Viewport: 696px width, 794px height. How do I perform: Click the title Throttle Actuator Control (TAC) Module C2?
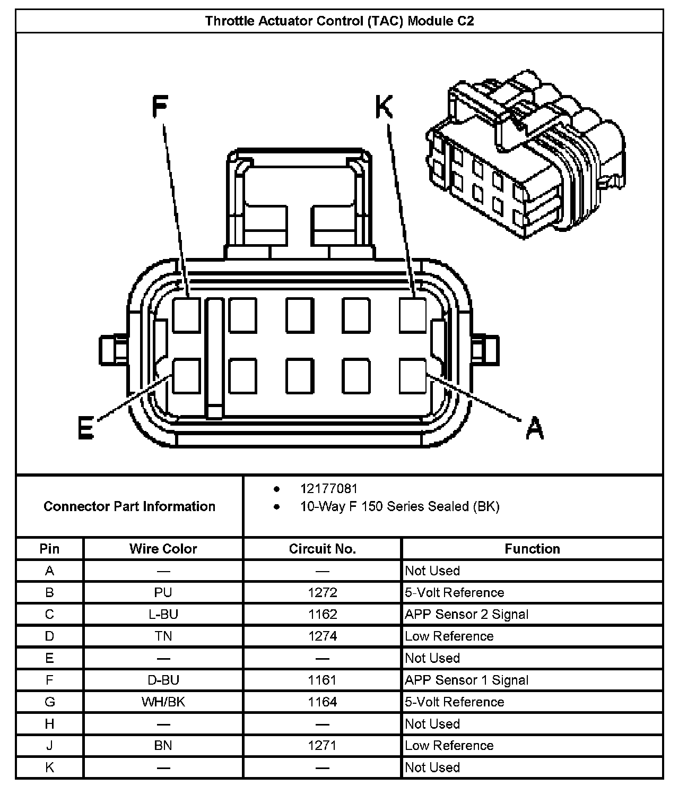pyautogui.click(x=340, y=21)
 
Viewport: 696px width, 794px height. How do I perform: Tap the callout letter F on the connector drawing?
pyautogui.click(x=160, y=106)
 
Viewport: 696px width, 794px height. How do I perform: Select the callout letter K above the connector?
pyautogui.click(x=384, y=107)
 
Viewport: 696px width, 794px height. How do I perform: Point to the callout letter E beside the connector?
pyautogui.click(x=85, y=428)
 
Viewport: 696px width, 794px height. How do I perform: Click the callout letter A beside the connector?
pyautogui.click(x=535, y=428)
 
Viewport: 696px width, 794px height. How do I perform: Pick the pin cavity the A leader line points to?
pyautogui.click(x=413, y=376)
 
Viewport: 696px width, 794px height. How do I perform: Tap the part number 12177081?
pyautogui.click(x=329, y=489)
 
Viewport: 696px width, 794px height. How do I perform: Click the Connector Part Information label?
pyautogui.click(x=129, y=506)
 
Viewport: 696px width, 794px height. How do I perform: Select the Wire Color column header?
pyautogui.click(x=163, y=549)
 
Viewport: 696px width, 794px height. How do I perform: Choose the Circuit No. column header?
pyautogui.click(x=322, y=549)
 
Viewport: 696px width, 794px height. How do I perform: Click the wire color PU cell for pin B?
pyautogui.click(x=163, y=592)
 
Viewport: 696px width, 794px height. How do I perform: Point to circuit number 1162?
pyautogui.click(x=322, y=615)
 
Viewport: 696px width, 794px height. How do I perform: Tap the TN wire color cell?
pyautogui.click(x=163, y=636)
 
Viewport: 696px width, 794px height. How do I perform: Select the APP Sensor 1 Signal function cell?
pyautogui.click(x=467, y=680)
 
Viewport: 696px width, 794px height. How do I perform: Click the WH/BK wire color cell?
pyautogui.click(x=163, y=702)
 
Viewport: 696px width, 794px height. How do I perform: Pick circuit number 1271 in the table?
pyautogui.click(x=322, y=746)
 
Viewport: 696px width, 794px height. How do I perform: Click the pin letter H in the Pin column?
pyautogui.click(x=49, y=724)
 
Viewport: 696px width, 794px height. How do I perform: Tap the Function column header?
pyautogui.click(x=532, y=549)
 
